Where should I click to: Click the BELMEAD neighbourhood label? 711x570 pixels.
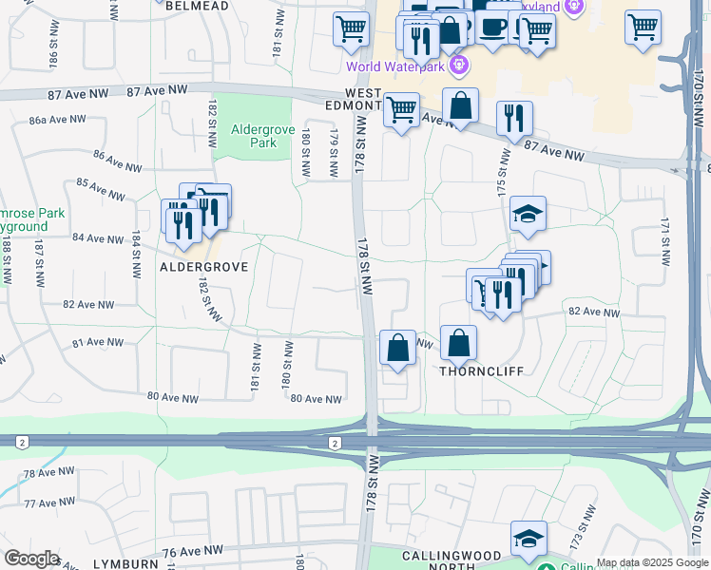[197, 6]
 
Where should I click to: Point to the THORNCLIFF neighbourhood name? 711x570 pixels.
[481, 372]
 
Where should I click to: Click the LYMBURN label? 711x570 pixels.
[126, 563]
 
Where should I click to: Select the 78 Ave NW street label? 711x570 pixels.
[48, 473]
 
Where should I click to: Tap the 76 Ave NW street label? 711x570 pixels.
[192, 551]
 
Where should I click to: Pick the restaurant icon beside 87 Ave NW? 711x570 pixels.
[514, 117]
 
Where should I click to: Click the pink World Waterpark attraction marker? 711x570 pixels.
[459, 66]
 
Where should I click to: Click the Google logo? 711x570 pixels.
[31, 559]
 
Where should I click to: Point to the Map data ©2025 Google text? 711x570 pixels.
[652, 562]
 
